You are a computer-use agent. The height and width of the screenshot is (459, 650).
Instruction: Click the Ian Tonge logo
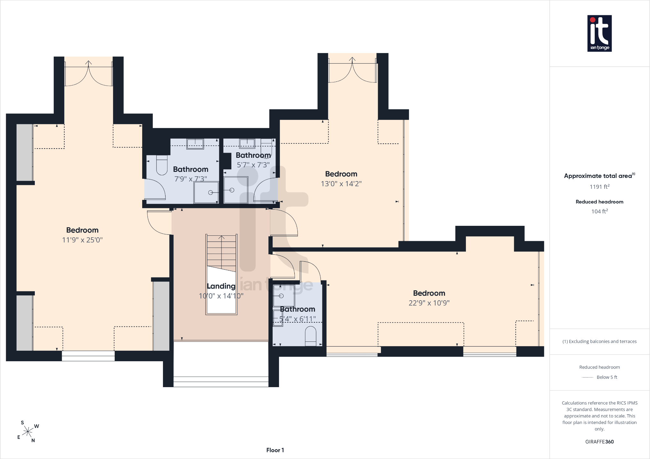(600, 33)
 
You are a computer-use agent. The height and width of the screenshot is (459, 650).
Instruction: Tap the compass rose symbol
(28, 432)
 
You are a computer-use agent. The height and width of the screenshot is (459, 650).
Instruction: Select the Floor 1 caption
(275, 450)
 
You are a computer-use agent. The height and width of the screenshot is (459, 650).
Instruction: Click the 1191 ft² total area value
(600, 187)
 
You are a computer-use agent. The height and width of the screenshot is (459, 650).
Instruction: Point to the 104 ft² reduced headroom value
(600, 211)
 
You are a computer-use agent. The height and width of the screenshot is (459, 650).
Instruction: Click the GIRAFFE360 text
(600, 442)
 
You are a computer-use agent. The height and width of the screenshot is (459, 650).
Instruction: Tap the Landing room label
(221, 286)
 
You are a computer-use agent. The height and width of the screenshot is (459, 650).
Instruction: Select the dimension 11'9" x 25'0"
(82, 240)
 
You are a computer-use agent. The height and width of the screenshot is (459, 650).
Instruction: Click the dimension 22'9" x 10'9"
(429, 303)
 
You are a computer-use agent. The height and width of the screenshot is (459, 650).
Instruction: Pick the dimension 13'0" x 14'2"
(341, 184)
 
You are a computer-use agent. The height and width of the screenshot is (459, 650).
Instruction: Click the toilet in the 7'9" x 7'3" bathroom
(162, 165)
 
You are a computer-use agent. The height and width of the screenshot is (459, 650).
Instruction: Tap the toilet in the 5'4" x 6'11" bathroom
(311, 336)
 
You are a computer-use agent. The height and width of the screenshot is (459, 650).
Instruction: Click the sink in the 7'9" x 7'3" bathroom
(195, 144)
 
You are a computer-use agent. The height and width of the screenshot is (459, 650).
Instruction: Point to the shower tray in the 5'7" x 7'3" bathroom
(236, 190)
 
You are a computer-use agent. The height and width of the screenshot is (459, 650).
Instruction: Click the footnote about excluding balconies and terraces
(600, 341)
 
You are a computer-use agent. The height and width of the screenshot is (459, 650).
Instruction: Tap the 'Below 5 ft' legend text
(607, 377)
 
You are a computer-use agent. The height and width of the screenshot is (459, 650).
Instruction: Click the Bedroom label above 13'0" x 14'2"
(341, 174)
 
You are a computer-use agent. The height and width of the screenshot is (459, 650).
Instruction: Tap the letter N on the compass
(33, 440)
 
